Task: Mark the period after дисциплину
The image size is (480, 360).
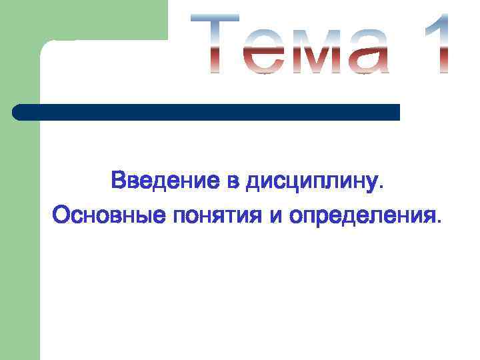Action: [x=381, y=187]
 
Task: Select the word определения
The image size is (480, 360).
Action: [x=361, y=217]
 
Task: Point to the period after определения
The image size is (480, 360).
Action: [x=438, y=222]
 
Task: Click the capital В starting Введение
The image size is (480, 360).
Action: [x=119, y=181]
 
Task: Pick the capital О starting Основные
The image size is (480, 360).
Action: [x=61, y=215]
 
